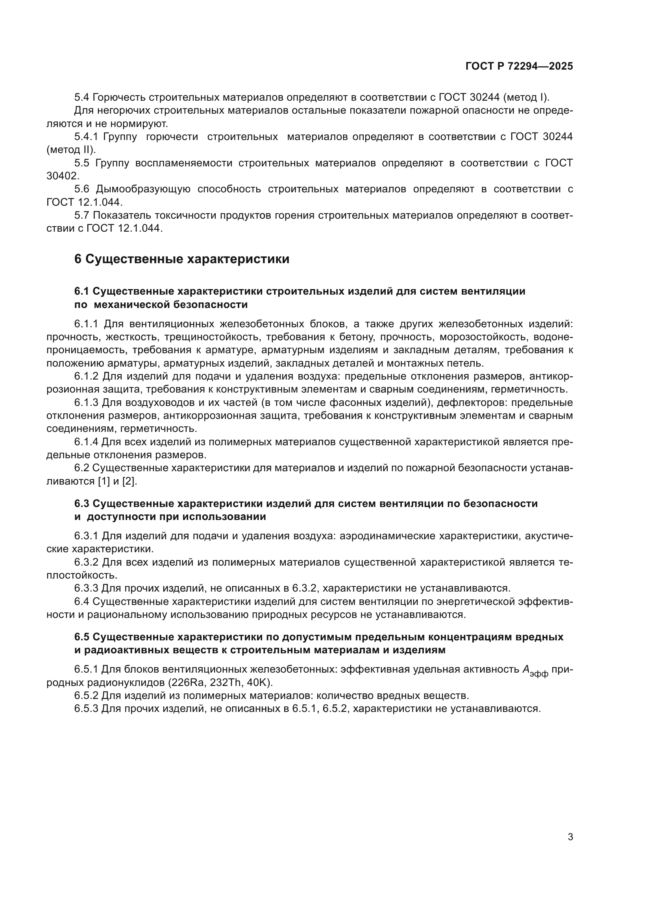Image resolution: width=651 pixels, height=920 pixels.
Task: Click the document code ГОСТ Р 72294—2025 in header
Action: point(519,66)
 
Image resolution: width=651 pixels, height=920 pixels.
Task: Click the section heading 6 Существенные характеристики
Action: point(181,259)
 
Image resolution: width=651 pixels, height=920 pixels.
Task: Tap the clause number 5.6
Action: point(82,189)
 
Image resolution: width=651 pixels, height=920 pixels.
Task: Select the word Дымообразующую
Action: point(143,189)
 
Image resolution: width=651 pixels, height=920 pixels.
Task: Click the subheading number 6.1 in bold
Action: point(82,291)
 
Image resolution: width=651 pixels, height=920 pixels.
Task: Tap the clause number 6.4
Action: point(82,601)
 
